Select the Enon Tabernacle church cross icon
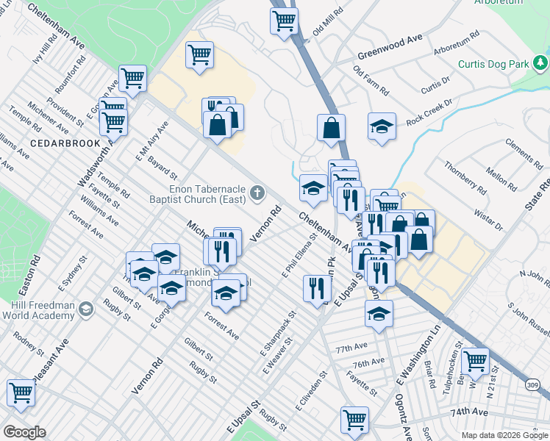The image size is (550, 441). tap(257, 193)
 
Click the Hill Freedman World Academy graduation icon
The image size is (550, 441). tap(85, 308)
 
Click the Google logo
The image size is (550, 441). tap(24, 431)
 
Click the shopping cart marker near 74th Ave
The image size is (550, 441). tap(354, 419)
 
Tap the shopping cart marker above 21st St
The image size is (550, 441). tap(476, 360)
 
